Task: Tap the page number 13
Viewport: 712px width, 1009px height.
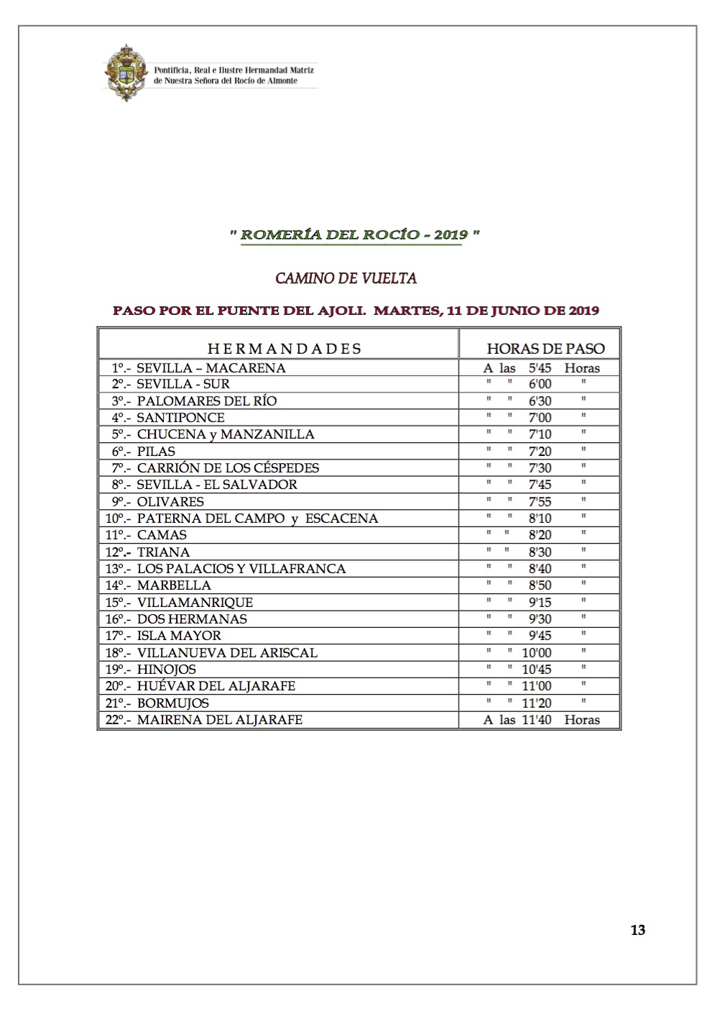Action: tap(637, 930)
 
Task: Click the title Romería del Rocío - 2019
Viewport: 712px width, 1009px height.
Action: tap(354, 234)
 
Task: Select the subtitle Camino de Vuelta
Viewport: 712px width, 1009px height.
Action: tap(346, 278)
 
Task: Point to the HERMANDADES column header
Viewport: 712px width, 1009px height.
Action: tap(284, 349)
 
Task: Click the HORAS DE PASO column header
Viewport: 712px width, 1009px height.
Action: tap(545, 349)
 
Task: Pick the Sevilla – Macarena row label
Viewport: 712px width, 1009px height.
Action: tap(211, 367)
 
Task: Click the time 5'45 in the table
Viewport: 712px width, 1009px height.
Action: tap(540, 367)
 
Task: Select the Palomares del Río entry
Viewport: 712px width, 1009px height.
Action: tap(206, 401)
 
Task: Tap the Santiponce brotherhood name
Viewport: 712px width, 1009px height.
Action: tap(180, 417)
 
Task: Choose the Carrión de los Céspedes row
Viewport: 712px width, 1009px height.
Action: tap(228, 467)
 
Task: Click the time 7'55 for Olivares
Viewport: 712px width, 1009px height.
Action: tap(540, 501)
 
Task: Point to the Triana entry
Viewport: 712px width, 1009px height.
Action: tap(163, 552)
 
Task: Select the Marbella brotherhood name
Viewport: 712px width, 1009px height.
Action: tap(174, 585)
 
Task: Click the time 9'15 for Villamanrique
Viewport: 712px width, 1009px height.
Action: tap(540, 602)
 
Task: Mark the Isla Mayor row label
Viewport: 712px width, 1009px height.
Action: tap(179, 636)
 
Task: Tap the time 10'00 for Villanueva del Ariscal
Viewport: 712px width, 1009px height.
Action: tap(536, 652)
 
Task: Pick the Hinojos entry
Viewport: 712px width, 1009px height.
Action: tap(166, 669)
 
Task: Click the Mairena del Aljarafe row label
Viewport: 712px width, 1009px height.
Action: tap(219, 719)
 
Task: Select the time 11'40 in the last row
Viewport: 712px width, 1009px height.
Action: tap(536, 719)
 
